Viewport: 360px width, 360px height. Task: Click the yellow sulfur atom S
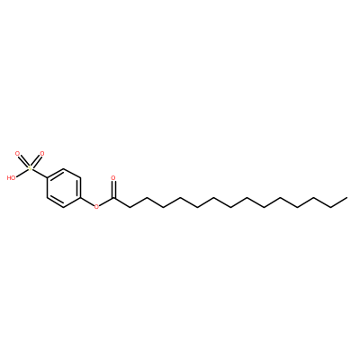(30, 168)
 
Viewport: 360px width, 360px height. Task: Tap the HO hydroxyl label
(11, 178)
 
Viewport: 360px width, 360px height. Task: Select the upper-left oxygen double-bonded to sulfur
(18, 154)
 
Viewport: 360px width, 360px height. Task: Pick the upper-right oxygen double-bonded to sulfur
(41, 154)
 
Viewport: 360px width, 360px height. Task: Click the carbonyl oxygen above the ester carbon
(113, 178)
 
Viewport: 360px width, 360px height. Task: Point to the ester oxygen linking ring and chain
(96, 207)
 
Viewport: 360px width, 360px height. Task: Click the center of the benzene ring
(64, 188)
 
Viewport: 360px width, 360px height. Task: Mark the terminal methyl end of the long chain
(347, 198)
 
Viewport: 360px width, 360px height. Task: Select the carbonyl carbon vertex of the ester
(113, 198)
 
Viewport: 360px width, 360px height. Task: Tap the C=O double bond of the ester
(113, 189)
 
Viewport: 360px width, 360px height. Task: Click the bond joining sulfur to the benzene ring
(40, 174)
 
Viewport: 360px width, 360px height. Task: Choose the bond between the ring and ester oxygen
(87, 202)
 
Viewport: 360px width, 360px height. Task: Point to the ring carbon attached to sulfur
(47, 178)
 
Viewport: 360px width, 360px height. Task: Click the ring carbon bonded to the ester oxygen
(81, 198)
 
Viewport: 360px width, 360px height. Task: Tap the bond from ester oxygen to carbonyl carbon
(105, 202)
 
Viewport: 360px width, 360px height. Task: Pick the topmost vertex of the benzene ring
(64, 169)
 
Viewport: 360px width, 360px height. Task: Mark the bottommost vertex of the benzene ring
(64, 207)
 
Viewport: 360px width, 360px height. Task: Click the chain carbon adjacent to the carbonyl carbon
(130, 207)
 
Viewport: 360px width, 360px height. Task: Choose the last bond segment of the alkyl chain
(338, 202)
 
